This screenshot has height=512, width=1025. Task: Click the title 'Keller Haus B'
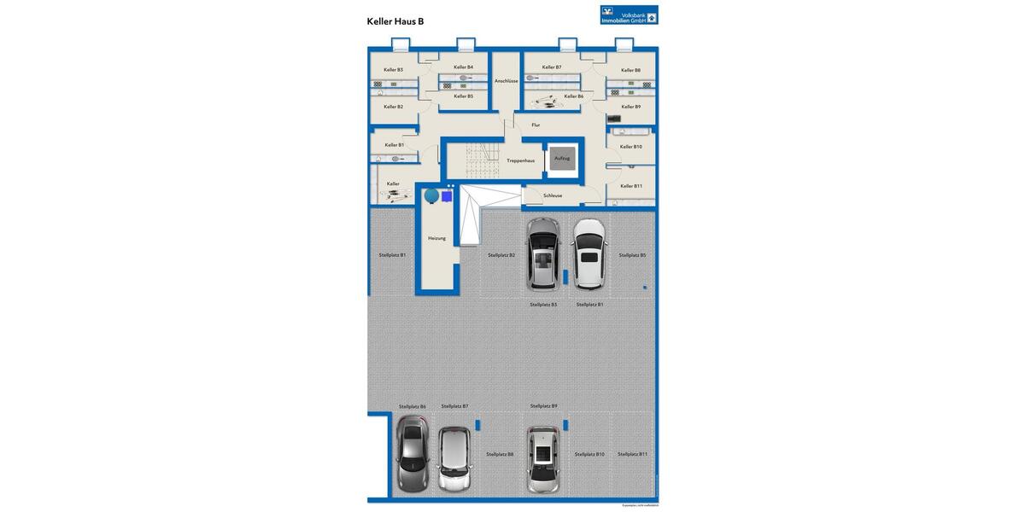395,21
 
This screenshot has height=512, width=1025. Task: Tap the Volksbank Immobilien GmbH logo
629,15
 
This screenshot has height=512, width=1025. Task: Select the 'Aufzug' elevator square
562,159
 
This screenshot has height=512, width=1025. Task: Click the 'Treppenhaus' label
520,160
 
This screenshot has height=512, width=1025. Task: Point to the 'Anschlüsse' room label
506,81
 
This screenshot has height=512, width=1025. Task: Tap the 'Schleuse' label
553,195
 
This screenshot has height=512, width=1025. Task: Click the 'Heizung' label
436,238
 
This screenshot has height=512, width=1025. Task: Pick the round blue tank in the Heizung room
432,196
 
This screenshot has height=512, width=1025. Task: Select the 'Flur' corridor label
536,125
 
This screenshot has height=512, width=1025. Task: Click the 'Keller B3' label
393,70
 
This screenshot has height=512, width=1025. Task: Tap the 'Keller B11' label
631,186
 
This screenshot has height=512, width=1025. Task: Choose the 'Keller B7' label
552,67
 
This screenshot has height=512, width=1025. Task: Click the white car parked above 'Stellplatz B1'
589,254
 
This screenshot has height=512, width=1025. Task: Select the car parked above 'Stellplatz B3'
542,254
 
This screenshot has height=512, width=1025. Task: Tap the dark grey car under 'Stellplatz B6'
412,453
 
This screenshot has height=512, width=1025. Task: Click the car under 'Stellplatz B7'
454,458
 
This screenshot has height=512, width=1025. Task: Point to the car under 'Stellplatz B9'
542,459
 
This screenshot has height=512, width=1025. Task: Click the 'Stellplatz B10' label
589,455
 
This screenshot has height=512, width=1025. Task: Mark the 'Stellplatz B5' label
632,255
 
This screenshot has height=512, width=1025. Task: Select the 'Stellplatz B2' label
501,255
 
